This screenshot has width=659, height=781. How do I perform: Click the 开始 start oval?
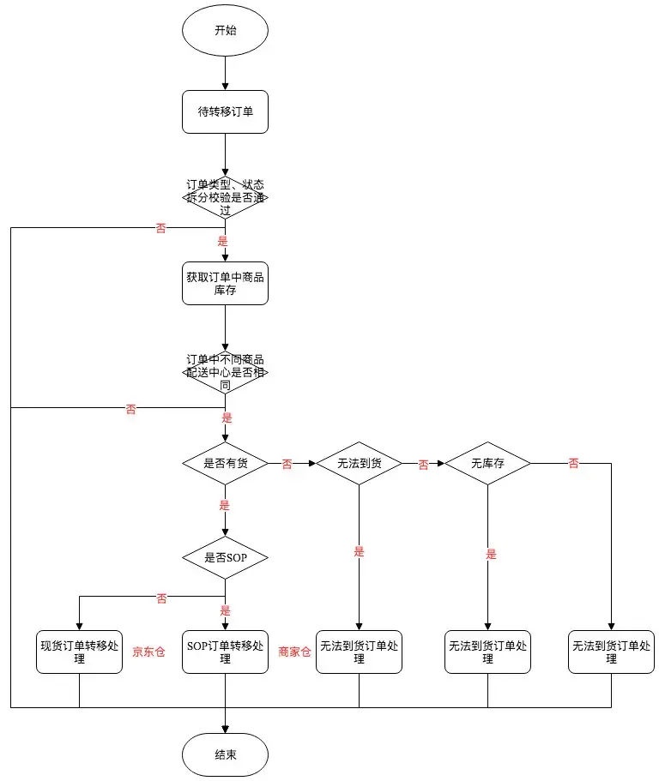[x=225, y=31]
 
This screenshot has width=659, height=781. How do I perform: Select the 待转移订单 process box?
[x=225, y=111]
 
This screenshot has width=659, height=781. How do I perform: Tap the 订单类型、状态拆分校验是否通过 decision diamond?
[x=225, y=197]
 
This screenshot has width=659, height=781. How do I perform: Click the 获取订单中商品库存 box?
[x=225, y=284]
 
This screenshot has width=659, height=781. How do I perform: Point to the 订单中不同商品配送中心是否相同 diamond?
[x=225, y=372]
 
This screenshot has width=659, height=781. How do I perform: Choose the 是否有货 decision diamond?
[x=225, y=464]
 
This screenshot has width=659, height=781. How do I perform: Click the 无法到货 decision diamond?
[x=359, y=464]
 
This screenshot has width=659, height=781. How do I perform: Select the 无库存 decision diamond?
[x=487, y=464]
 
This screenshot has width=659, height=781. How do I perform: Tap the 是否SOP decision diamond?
[x=225, y=558]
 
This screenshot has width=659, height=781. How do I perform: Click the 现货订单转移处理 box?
[x=79, y=652]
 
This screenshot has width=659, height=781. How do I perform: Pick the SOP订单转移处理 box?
[x=225, y=652]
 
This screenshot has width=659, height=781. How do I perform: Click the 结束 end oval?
[x=225, y=754]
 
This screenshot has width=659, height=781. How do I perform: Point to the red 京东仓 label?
[x=148, y=652]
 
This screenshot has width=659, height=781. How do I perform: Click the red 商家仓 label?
[x=293, y=652]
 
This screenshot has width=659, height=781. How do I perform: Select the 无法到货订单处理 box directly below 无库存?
[x=487, y=652]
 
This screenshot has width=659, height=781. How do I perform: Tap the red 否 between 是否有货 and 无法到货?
[x=287, y=465]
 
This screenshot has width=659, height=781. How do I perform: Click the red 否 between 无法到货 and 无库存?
[x=423, y=465]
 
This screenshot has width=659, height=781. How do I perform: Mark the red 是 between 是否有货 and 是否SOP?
[x=225, y=506]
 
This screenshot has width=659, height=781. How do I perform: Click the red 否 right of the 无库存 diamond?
[x=573, y=464]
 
